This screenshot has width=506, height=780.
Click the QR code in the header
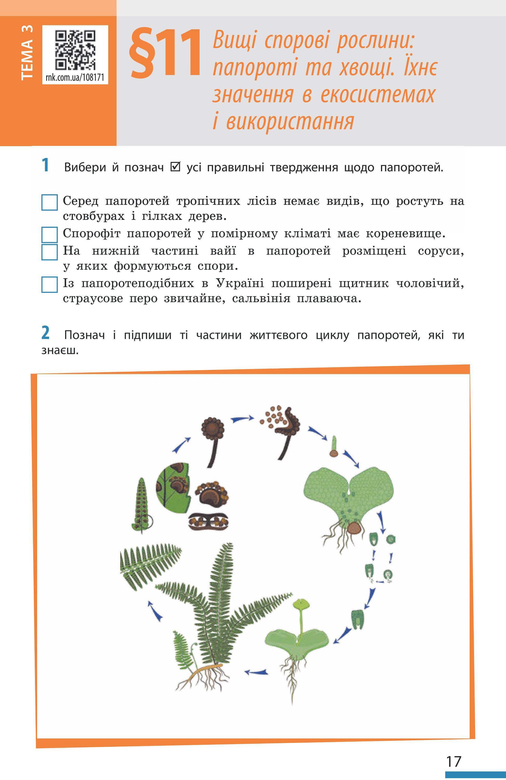[75, 50]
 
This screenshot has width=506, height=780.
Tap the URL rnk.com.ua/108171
[75, 77]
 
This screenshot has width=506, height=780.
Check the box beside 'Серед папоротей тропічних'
[50, 202]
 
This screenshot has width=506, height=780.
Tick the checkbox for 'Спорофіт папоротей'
[50, 235]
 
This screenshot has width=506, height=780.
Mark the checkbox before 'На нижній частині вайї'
[50, 252]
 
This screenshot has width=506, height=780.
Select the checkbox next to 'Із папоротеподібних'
[50, 284]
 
